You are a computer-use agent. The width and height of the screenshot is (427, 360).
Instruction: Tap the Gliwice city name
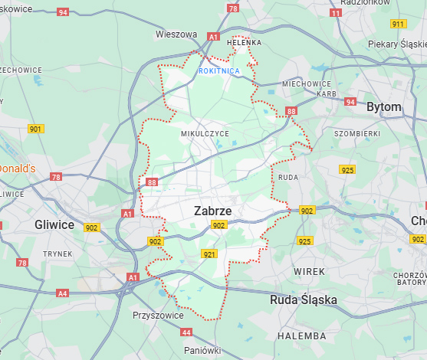pos(54,224)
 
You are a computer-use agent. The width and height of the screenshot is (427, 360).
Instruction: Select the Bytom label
pos(383,107)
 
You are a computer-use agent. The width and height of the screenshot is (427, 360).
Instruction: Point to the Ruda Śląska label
pos(304,300)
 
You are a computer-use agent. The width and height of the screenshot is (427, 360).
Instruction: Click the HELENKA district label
pos(245,43)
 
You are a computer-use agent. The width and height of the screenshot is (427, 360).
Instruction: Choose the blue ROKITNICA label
pos(219,70)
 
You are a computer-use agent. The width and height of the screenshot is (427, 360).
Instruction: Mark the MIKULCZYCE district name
pos(205,133)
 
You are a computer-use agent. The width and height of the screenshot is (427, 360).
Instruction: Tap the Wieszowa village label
pos(176,34)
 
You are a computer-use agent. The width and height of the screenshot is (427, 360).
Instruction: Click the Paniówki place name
pos(202,349)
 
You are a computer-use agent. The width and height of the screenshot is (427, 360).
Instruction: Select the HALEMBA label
pos(301,335)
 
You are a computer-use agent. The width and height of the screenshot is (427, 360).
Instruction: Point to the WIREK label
pos(309,271)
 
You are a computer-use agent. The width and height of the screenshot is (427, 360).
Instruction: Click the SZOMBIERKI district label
pos(357,133)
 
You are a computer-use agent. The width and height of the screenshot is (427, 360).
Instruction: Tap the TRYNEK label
pos(57,254)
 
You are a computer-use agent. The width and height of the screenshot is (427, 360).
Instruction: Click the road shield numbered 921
pos(209,254)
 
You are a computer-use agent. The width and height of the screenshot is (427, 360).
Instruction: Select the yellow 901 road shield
pos(35,129)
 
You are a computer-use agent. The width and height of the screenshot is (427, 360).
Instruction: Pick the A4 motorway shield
pos(62,293)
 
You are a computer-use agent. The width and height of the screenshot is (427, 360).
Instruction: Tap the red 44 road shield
pos(186,332)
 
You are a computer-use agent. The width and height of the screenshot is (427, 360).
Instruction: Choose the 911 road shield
pos(398,24)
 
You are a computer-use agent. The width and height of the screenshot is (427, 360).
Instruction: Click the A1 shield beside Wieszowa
pos(213,36)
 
